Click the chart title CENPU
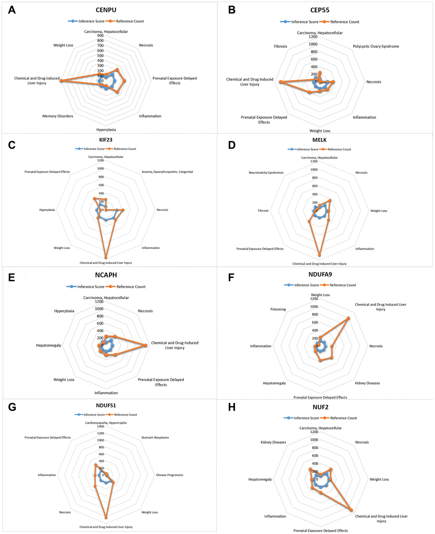(x=106, y=10)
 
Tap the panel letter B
(x=232, y=10)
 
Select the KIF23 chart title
(x=106, y=140)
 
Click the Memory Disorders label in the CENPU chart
(x=58, y=116)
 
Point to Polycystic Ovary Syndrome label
(x=376, y=46)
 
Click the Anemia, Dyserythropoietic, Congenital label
(x=167, y=172)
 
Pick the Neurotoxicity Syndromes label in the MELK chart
(x=266, y=173)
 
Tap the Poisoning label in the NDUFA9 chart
(x=278, y=309)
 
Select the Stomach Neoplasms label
(x=155, y=438)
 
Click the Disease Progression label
(x=169, y=475)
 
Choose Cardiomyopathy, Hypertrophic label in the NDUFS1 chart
(x=106, y=423)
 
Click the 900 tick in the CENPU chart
(x=100, y=36)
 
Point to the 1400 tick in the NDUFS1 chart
(x=100, y=427)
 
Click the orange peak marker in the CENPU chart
(x=61, y=80)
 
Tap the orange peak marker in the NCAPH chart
(x=146, y=345)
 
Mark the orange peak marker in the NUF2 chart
(x=351, y=510)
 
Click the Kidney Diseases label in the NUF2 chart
(x=273, y=442)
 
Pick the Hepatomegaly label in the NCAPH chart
(x=49, y=345)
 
